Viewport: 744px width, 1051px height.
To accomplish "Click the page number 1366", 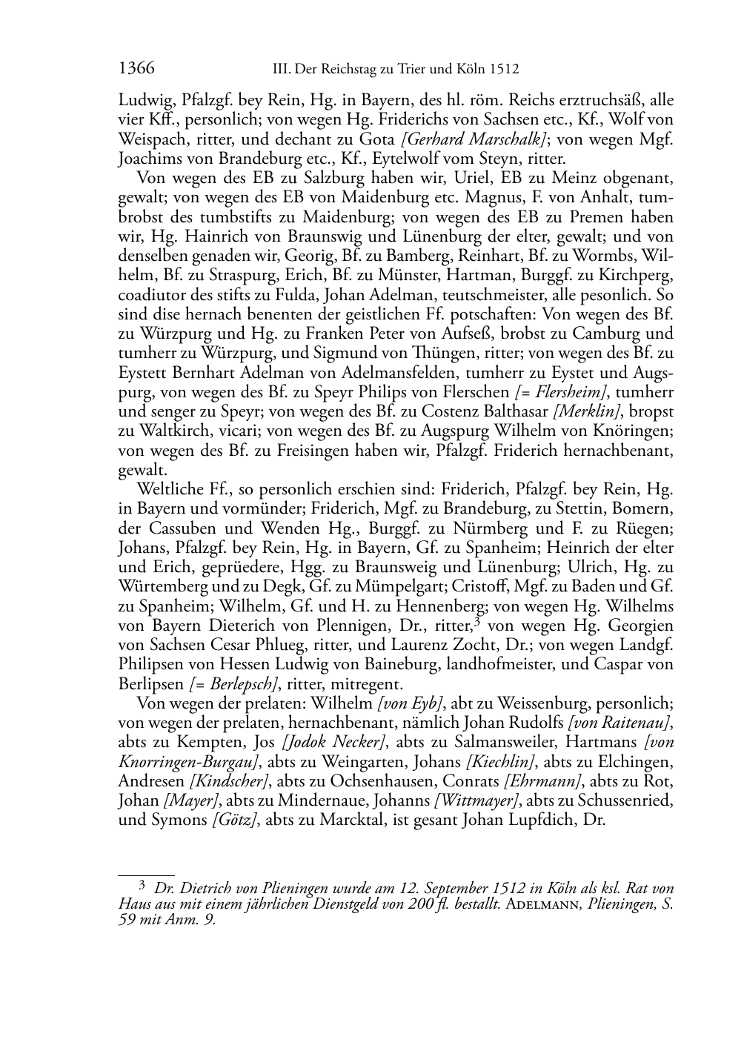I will [x=136, y=69].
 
